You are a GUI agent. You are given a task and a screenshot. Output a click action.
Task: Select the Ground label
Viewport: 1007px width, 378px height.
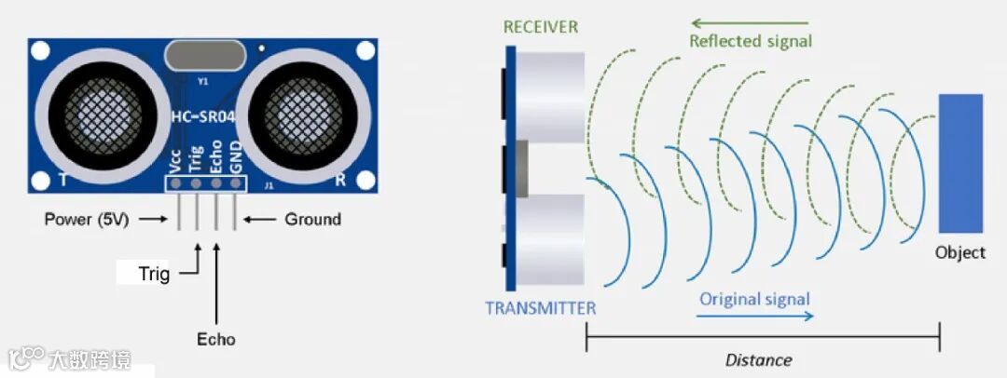click(x=312, y=220)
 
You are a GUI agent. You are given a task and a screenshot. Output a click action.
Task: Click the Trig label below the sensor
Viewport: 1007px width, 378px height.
click(x=154, y=274)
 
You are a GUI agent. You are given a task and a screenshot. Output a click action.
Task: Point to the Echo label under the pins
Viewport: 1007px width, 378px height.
click(x=216, y=339)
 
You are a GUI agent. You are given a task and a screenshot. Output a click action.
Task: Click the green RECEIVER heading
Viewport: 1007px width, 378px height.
click(x=541, y=25)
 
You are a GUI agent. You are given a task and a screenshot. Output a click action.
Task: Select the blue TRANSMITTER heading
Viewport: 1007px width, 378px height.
click(x=541, y=308)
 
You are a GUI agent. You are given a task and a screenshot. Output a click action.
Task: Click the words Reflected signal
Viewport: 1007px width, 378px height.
click(x=751, y=41)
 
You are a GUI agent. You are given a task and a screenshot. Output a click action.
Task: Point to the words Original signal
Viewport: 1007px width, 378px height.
click(x=754, y=299)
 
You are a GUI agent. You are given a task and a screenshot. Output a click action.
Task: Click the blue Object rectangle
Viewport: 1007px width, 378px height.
click(x=960, y=163)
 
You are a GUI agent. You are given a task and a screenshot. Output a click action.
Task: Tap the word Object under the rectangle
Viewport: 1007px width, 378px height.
click(x=960, y=252)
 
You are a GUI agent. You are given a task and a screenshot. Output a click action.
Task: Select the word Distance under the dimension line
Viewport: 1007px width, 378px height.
click(x=759, y=359)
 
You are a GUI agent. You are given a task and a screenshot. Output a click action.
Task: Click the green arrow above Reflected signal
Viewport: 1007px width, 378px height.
click(x=750, y=22)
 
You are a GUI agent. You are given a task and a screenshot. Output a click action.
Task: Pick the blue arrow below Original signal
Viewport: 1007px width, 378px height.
click(x=756, y=317)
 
